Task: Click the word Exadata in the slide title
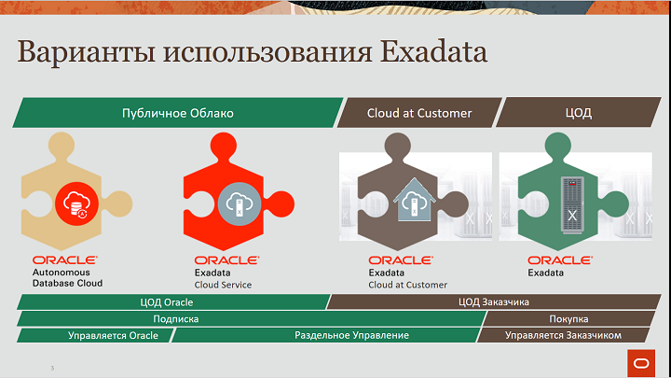[433, 52]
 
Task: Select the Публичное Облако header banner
[178, 113]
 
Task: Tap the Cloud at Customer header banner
[419, 113]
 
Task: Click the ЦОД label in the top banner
[578, 113]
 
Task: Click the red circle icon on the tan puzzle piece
[76, 203]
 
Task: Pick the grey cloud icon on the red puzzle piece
[240, 203]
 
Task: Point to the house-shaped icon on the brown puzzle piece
[414, 200]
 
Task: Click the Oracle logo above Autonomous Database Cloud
[65, 260]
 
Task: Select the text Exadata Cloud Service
[223, 278]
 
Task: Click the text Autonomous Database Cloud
[68, 278]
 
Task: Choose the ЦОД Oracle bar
[173, 302]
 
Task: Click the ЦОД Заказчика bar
[493, 302]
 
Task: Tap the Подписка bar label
[176, 319]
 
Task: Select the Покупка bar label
[568, 319]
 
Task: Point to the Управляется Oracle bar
[96, 335]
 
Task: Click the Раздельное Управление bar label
[351, 335]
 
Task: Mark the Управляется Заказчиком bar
[564, 335]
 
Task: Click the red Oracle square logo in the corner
[641, 363]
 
